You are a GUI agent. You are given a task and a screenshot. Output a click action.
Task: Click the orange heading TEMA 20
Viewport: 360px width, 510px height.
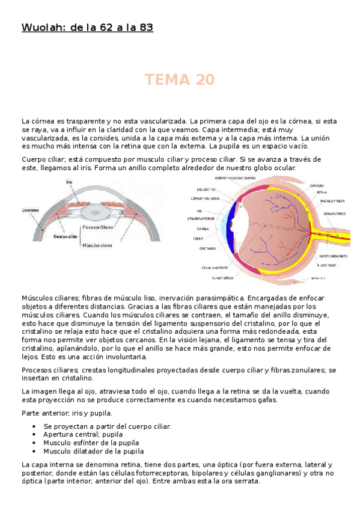coord(180,80)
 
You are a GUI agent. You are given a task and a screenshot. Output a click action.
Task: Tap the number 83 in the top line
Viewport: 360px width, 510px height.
coord(146,28)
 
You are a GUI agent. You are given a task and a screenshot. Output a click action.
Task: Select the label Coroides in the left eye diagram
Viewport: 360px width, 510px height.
coord(31,210)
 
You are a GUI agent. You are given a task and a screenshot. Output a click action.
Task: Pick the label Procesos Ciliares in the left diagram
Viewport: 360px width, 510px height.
coord(99,227)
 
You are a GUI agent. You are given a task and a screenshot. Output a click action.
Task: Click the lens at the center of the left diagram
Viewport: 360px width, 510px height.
coord(96,212)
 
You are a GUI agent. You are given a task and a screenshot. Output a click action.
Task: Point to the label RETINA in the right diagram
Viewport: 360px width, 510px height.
coord(322,192)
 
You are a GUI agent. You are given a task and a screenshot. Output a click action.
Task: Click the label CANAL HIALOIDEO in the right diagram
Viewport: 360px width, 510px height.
coord(214,266)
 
